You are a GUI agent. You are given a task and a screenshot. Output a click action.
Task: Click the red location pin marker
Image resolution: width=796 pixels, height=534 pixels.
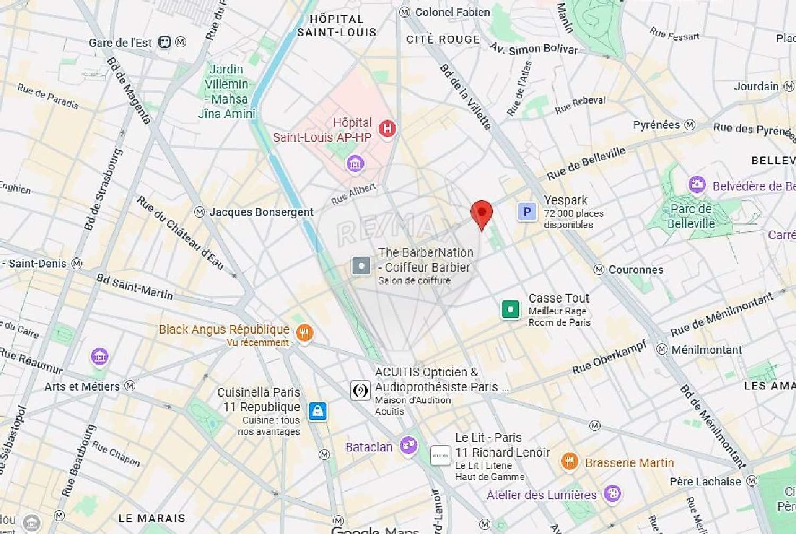tap(481, 214)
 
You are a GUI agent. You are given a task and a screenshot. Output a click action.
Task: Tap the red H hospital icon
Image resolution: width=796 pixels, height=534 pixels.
tap(387, 128)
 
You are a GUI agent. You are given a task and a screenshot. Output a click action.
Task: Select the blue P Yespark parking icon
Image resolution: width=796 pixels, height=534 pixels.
tap(527, 212)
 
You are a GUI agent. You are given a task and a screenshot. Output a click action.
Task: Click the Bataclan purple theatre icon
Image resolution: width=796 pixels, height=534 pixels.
tap(408, 446)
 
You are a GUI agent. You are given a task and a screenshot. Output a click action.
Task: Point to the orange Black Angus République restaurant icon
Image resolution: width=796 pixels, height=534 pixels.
tap(304, 333)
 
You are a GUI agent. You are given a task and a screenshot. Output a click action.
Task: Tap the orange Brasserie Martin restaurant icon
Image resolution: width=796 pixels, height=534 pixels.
tap(569, 461)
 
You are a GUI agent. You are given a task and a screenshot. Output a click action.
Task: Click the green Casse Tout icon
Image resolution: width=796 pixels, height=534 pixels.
tap(511, 309)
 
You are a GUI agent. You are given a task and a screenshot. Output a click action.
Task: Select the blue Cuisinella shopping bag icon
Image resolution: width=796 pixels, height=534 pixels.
tap(317, 411)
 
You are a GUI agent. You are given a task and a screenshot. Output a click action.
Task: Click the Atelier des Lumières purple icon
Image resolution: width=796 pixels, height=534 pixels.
tap(612, 494)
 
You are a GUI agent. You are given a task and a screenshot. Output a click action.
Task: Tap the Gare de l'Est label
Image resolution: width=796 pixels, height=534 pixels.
tap(120, 42)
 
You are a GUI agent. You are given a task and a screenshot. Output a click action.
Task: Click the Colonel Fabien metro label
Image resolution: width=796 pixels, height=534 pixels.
tap(452, 12)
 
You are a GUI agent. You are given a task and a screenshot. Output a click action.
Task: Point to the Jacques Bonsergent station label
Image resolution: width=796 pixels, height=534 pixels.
tap(261, 212)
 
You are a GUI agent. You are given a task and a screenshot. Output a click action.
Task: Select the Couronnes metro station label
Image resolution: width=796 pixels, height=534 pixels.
tap(635, 270)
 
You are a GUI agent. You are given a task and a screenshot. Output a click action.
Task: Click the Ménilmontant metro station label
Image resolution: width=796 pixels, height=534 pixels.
tap(706, 349)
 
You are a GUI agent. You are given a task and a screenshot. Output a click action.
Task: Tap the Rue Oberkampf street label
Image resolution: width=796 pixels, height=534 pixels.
tap(609, 357)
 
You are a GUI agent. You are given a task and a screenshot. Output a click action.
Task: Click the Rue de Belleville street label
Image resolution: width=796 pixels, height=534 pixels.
tap(586, 163)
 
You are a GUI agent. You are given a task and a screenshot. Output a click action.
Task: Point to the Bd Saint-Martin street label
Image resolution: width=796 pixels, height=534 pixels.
tap(134, 287)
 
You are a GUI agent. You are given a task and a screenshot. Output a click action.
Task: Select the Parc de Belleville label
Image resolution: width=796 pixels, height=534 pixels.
tap(690, 216)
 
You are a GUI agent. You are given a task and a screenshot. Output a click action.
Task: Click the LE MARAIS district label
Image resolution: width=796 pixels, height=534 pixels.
tap(152, 518)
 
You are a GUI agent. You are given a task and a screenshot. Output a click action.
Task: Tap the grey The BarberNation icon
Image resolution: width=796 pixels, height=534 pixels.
tap(361, 265)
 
